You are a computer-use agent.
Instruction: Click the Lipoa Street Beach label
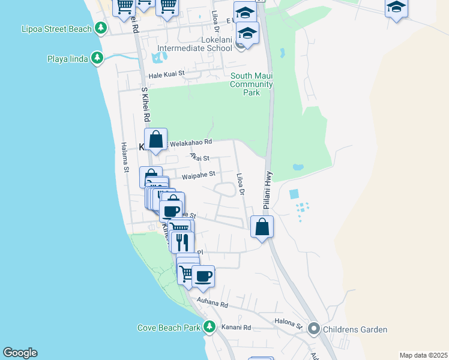(56, 29)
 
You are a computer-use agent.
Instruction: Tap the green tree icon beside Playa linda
(97, 58)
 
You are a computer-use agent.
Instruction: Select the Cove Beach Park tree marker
(209, 328)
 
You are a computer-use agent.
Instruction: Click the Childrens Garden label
(355, 329)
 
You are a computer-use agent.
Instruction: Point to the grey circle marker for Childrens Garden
(313, 329)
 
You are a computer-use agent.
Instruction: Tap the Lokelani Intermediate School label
(194, 48)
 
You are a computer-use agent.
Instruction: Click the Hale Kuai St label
(166, 76)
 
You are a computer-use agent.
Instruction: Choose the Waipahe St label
(199, 175)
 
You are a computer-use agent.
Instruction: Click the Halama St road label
(125, 157)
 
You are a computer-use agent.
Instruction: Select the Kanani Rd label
(236, 328)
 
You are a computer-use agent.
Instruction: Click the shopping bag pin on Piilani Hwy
(262, 227)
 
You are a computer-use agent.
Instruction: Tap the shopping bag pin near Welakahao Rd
(155, 140)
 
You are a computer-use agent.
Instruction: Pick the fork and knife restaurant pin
(182, 241)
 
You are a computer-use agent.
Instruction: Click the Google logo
(20, 353)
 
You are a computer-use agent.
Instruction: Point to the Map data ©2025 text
(424, 355)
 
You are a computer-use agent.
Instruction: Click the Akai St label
(199, 157)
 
